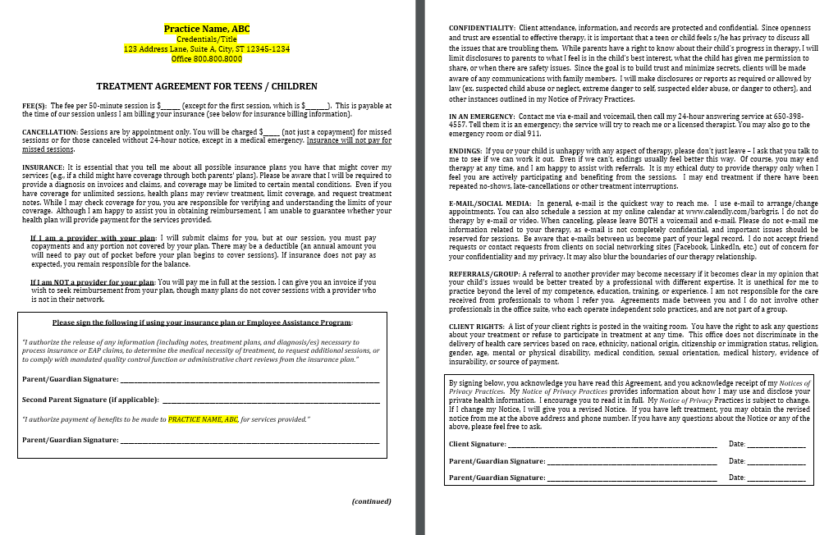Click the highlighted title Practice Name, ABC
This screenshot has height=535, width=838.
(x=207, y=29)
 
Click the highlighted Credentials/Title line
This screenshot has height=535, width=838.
(x=207, y=39)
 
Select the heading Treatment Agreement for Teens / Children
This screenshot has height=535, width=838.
(x=207, y=86)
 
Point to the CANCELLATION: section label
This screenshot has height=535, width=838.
(x=49, y=131)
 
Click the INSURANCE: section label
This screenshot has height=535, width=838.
(x=43, y=167)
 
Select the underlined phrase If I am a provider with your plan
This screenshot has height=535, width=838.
(x=93, y=238)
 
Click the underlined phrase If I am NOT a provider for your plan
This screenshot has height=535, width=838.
(x=93, y=282)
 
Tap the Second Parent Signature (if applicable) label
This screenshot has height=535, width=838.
(x=90, y=400)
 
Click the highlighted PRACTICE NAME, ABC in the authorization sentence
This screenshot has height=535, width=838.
(x=203, y=419)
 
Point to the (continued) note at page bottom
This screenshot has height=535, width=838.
(x=371, y=501)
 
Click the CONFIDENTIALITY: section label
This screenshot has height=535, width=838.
(x=482, y=29)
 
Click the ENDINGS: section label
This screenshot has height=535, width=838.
(x=465, y=151)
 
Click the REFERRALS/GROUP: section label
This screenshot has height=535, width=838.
(x=483, y=272)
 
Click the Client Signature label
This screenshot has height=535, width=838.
(x=477, y=444)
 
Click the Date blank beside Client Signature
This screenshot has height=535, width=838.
(x=775, y=444)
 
